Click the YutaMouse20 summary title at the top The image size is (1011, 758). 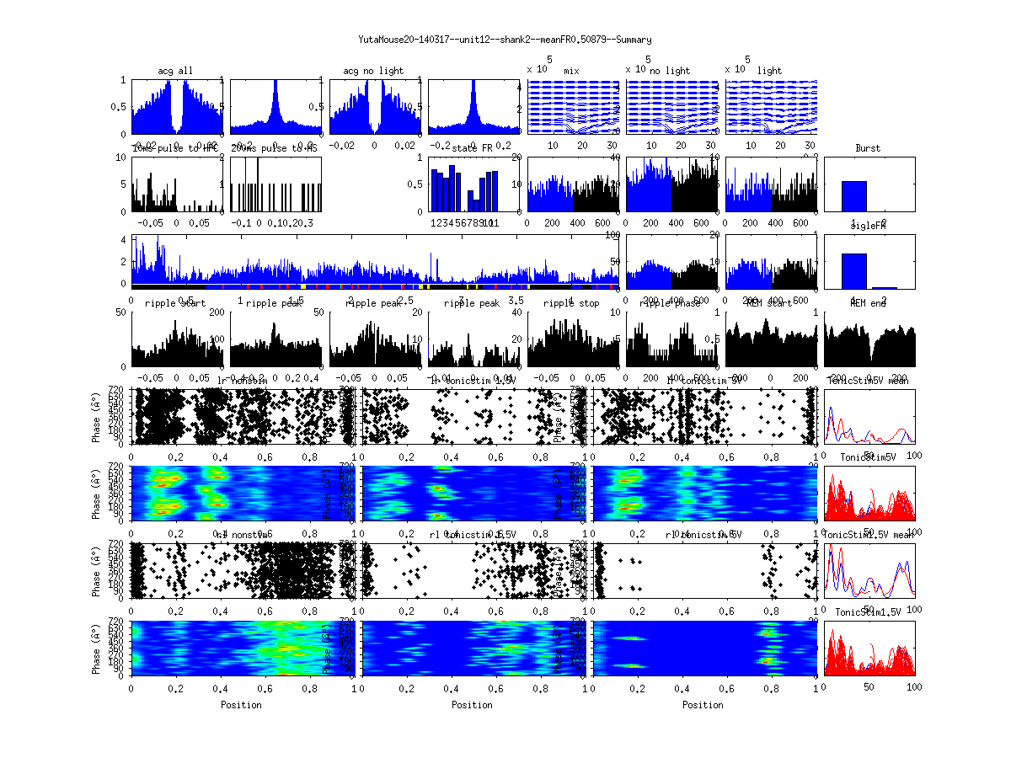click(x=505, y=40)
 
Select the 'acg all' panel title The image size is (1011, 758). click(x=175, y=71)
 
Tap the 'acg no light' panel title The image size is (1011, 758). click(x=373, y=71)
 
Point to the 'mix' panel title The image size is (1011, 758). click(x=572, y=71)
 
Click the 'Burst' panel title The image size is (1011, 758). click(x=868, y=148)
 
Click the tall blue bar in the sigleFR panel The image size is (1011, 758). click(x=854, y=270)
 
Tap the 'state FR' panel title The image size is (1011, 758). click(x=472, y=148)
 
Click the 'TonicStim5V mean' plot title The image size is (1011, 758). click(x=868, y=381)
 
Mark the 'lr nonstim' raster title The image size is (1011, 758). click(x=243, y=381)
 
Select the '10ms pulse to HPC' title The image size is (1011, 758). click(x=175, y=148)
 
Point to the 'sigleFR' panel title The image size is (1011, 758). click(x=868, y=227)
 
